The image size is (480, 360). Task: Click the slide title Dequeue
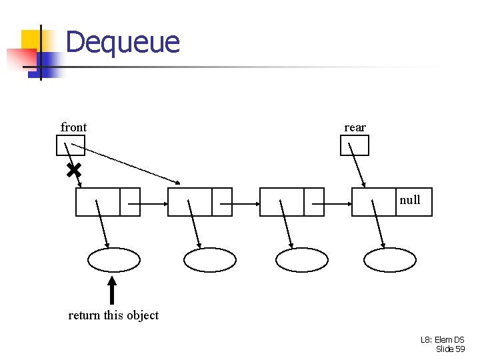click(123, 42)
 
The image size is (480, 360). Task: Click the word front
click(73, 127)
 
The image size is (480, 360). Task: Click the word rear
click(355, 127)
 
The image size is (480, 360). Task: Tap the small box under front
click(71, 145)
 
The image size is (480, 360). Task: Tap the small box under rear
click(355, 145)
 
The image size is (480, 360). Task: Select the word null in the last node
click(410, 199)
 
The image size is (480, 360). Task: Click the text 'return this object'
click(113, 315)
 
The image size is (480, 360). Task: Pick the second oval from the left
click(210, 260)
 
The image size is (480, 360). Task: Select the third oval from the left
click(302, 260)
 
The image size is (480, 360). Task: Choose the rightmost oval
click(390, 260)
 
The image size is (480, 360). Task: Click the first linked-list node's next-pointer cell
click(131, 202)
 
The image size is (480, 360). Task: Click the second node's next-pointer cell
click(222, 202)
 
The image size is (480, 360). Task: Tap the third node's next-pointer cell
click(314, 202)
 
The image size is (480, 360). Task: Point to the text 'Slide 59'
click(450, 349)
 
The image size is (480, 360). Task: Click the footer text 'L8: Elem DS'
click(442, 340)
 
